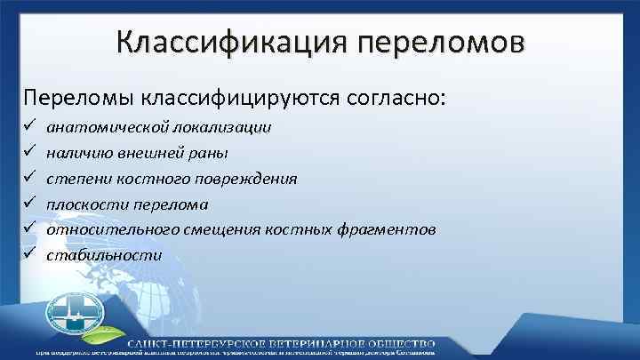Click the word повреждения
252,179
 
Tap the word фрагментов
391,229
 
